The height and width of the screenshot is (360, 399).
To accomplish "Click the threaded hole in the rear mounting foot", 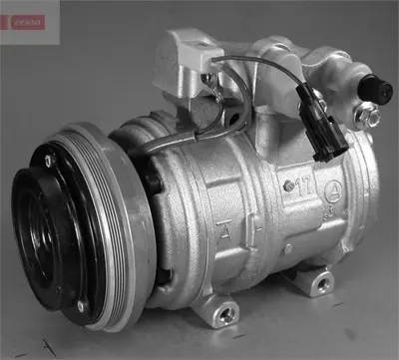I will [x=321, y=285].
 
